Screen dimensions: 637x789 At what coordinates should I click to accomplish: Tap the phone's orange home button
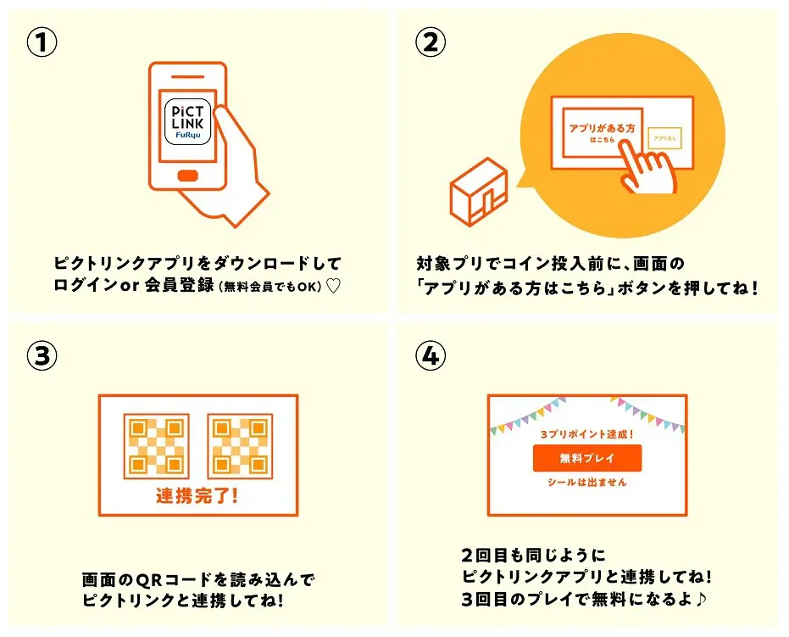[188, 176]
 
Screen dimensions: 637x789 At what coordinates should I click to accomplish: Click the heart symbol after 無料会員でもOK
[333, 287]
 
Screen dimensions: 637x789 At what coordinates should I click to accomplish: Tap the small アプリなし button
[664, 138]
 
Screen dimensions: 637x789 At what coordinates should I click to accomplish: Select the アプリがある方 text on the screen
[600, 128]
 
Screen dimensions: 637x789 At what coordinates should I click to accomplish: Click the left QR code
[156, 445]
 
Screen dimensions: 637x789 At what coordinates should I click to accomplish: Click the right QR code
[239, 445]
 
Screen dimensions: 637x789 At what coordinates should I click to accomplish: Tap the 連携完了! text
[197, 495]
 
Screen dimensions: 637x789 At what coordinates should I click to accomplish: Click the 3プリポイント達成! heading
[586, 433]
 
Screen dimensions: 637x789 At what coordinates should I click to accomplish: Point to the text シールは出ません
[586, 482]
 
